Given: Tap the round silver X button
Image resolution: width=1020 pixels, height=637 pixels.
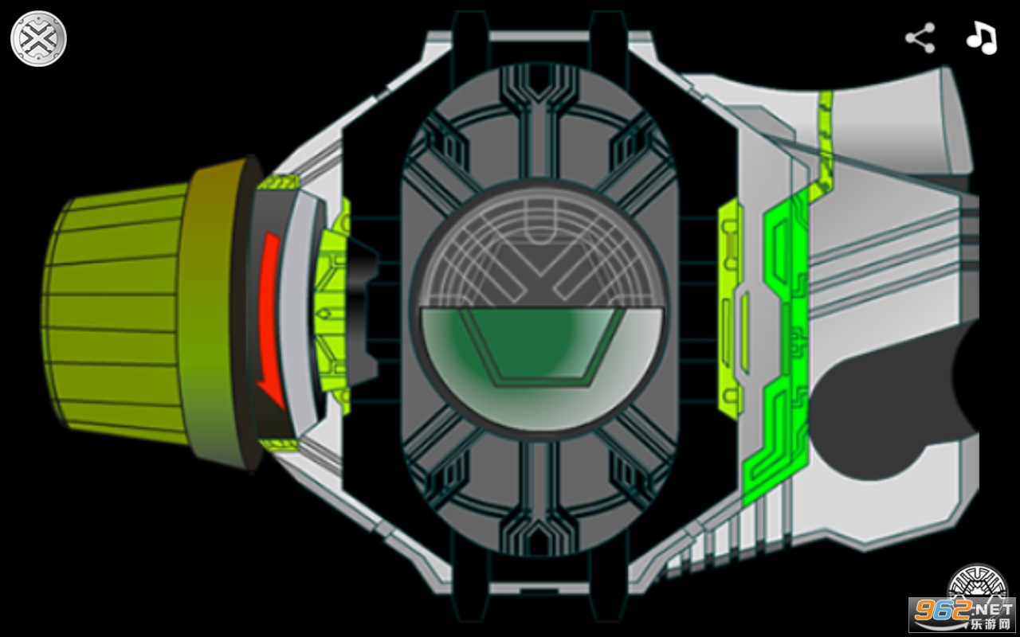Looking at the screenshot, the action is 39,39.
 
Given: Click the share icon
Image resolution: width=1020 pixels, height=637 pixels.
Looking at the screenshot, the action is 920,38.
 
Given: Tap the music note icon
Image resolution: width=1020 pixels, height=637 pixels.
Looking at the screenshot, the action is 983,38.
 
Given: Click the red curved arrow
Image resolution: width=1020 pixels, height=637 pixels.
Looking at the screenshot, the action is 270,318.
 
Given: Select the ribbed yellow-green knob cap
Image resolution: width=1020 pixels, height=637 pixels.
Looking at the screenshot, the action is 114,314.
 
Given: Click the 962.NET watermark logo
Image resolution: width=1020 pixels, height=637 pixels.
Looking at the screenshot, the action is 962,615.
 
